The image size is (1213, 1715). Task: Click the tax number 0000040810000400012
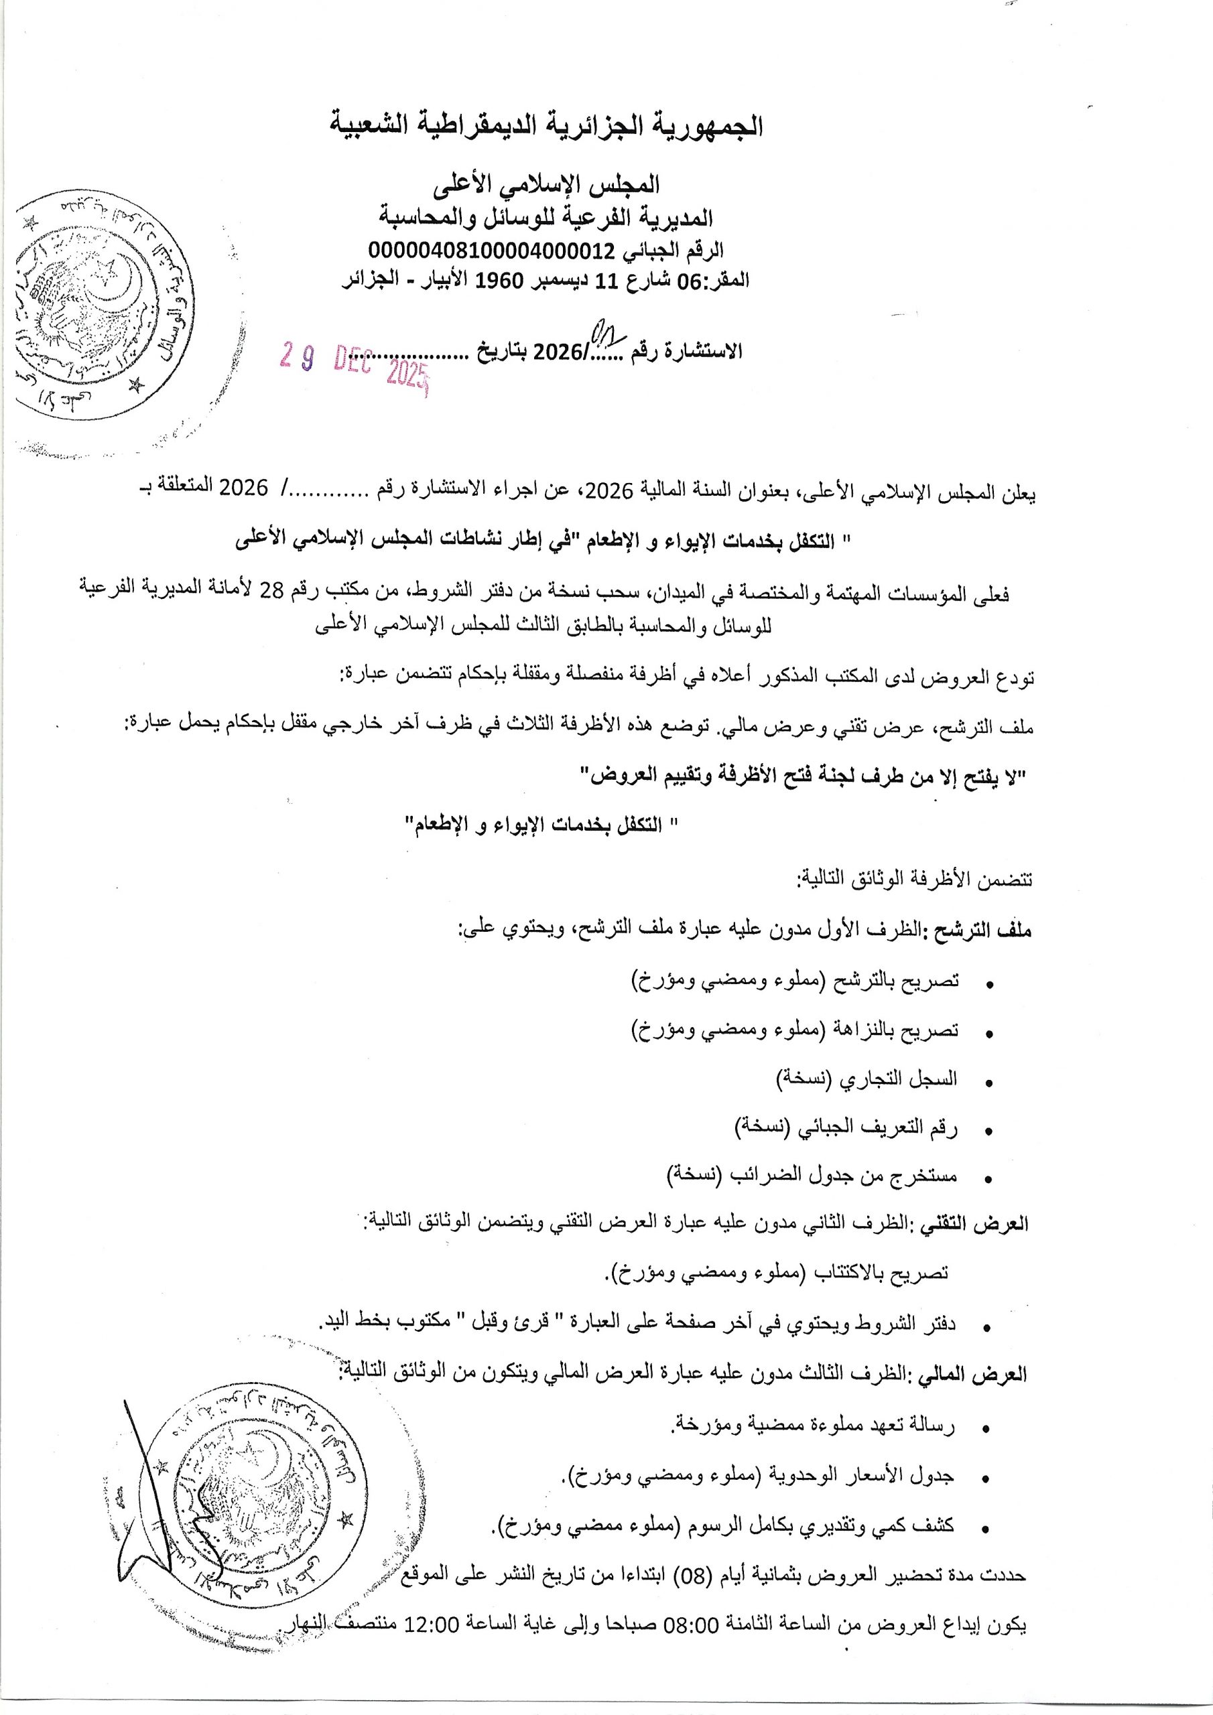[x=491, y=249]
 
